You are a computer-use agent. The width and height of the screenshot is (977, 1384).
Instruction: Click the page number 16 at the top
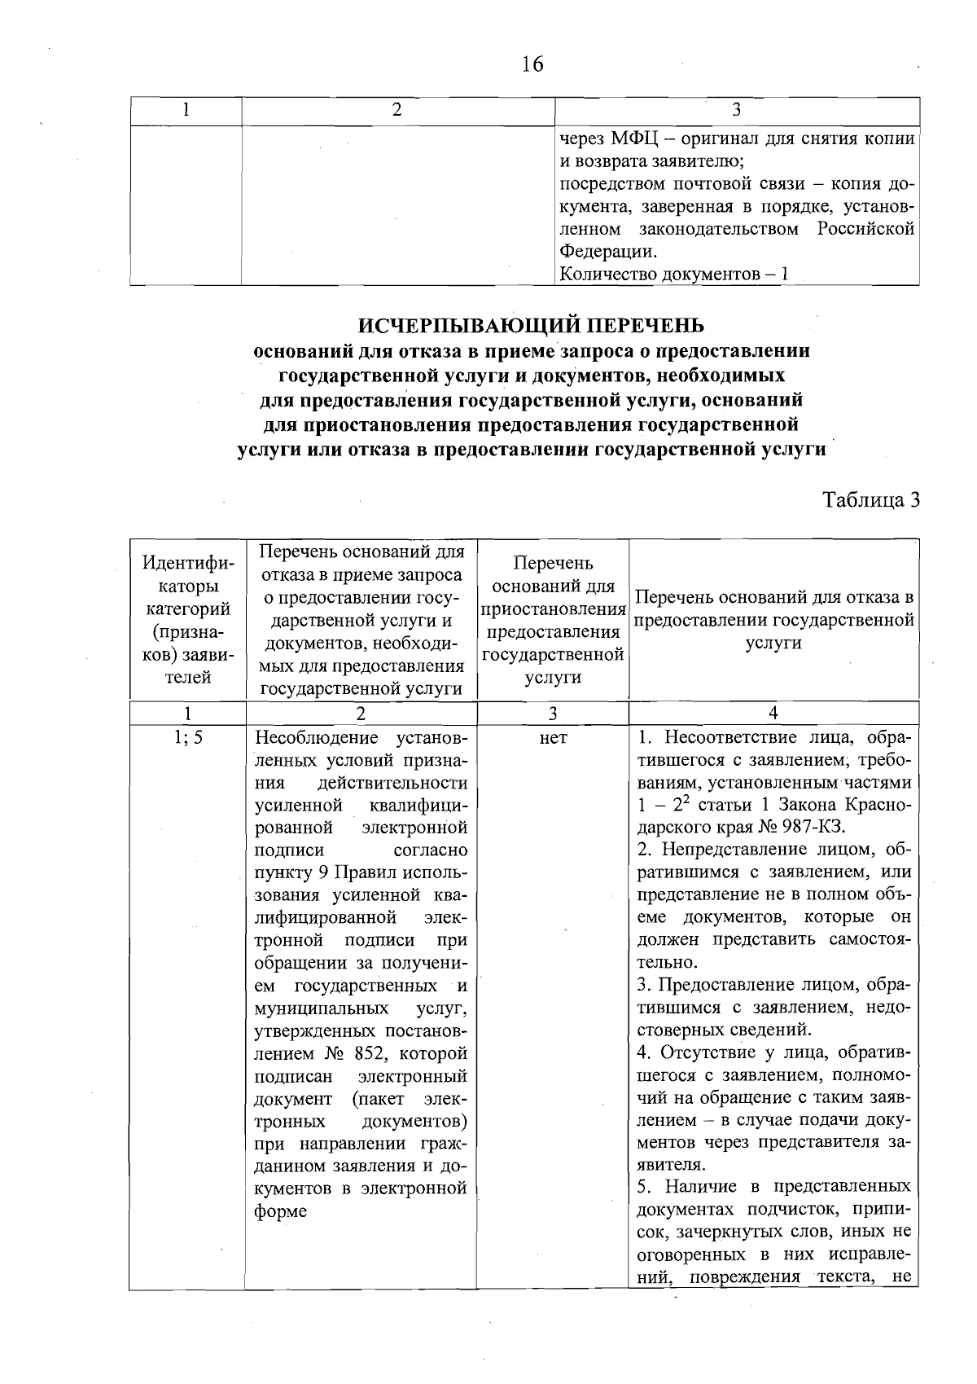(x=532, y=64)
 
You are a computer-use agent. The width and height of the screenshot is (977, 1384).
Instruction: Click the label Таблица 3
(x=870, y=499)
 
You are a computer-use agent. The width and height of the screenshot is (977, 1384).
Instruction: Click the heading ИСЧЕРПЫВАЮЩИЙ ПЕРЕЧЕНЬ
(x=532, y=325)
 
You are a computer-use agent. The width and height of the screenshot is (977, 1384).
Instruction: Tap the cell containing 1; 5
(x=187, y=738)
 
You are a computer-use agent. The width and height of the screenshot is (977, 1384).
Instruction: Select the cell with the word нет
(x=553, y=738)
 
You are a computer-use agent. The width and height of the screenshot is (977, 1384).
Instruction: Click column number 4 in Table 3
(x=773, y=713)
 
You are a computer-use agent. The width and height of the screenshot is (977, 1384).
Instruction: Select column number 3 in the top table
(x=736, y=110)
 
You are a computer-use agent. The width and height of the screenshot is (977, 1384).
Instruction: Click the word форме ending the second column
(x=280, y=1211)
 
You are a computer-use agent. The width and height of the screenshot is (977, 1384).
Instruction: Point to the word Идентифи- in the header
(x=188, y=564)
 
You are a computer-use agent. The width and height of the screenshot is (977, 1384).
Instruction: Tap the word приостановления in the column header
(x=553, y=609)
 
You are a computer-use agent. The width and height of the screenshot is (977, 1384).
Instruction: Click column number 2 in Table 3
(x=361, y=713)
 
